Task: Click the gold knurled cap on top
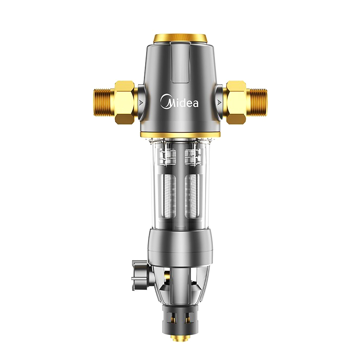click(180, 38)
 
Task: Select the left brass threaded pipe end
click(104, 103)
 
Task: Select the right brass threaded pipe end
click(256, 103)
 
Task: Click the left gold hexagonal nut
click(125, 103)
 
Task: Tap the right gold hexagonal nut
click(236, 103)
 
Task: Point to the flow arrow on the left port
click(141, 103)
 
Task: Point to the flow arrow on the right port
click(219, 103)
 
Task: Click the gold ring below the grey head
click(180, 135)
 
